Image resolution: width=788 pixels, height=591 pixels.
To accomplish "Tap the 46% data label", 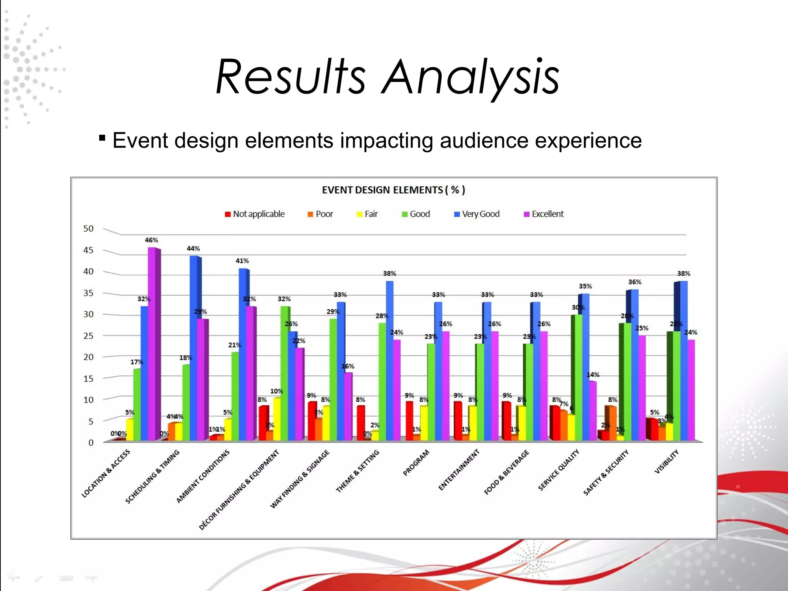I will tap(151, 240).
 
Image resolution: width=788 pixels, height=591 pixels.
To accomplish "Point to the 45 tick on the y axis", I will tap(88, 250).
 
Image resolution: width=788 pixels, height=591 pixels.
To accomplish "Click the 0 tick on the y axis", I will tap(91, 443).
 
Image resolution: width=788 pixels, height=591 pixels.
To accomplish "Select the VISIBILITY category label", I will tap(666, 462).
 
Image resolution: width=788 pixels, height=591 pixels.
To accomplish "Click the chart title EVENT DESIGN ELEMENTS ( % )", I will tap(393, 190).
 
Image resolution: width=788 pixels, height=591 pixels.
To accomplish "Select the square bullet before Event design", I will tap(102, 138).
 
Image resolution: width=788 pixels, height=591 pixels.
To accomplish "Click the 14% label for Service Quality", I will tap(593, 375).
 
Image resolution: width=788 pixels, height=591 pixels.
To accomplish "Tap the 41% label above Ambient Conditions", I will tap(242, 261).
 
